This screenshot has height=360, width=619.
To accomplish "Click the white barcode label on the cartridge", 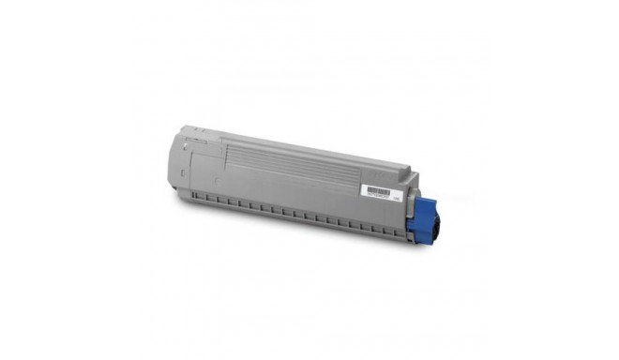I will click(377, 190).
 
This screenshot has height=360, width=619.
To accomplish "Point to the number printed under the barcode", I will click(378, 194).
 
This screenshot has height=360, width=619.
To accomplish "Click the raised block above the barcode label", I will click(389, 176).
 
